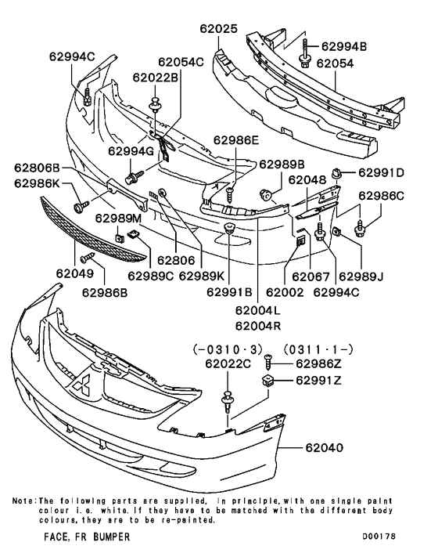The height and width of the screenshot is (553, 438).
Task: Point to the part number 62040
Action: coord(318,449)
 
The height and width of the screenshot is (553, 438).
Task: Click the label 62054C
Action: coord(180,61)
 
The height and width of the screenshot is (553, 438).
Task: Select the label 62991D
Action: coord(382,172)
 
